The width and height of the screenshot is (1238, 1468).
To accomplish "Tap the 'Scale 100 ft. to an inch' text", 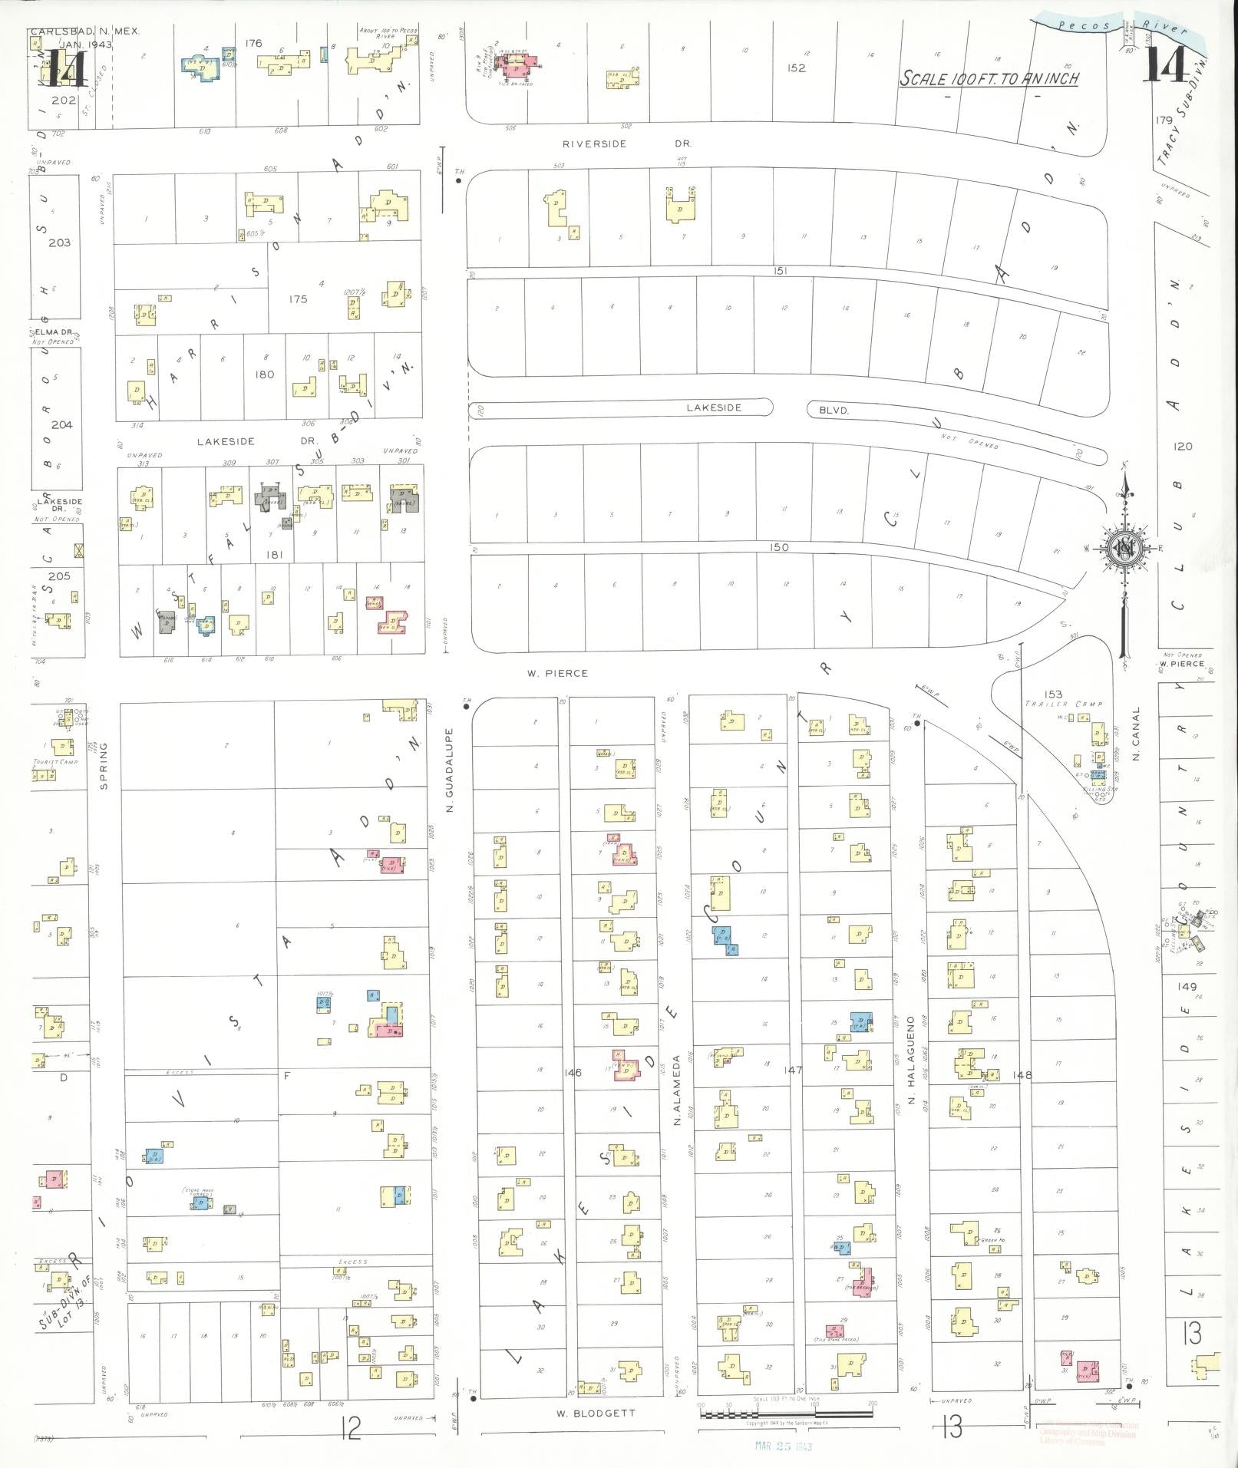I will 989,78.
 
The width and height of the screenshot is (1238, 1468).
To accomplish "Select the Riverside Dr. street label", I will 627,144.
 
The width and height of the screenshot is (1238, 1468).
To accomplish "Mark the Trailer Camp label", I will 1064,704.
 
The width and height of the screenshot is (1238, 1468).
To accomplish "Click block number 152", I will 797,68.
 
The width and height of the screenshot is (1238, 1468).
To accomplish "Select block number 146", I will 573,1073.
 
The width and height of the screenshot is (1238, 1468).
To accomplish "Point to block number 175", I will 298,299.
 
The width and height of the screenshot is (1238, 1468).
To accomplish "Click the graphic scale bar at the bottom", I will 787,1413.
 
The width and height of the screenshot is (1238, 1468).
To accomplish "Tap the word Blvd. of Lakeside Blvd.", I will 834,411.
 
